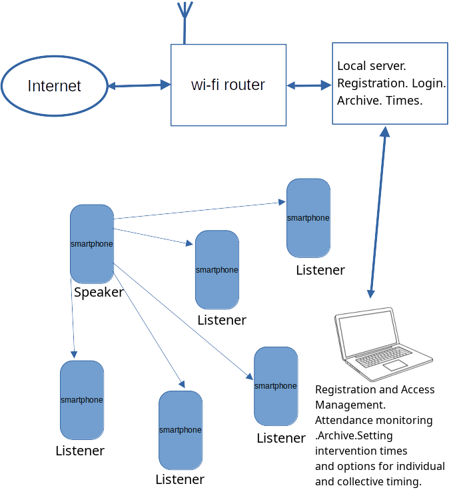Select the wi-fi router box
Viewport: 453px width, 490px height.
point(228,107)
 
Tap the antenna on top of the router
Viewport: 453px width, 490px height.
point(185,20)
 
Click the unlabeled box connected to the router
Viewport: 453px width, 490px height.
point(390,83)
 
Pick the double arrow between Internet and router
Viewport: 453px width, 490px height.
point(139,85)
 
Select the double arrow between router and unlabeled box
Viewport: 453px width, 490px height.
point(309,85)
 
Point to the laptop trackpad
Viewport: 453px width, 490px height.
point(394,365)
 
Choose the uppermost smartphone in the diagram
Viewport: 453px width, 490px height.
point(308,237)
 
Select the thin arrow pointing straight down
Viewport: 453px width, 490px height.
point(73,320)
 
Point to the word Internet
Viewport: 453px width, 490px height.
point(54,86)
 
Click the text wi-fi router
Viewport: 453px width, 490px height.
point(228,85)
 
